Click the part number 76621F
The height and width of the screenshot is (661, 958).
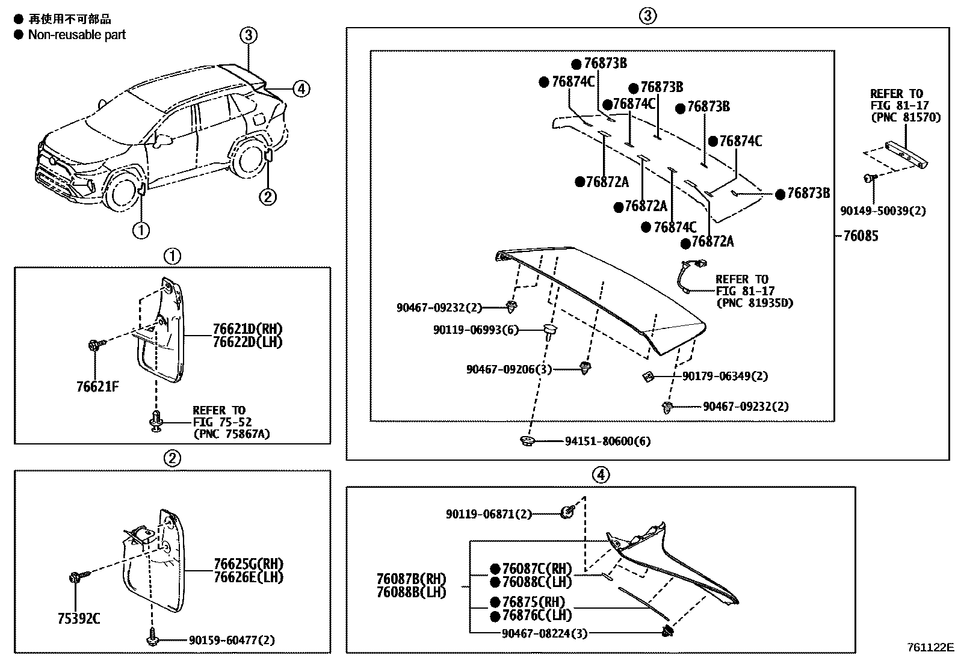97,386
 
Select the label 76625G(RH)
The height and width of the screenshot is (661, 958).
248,564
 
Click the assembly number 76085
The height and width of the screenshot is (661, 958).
861,236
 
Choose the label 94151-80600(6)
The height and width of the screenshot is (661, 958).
607,441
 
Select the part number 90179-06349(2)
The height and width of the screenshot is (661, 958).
725,377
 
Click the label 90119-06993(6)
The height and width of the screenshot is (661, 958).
475,330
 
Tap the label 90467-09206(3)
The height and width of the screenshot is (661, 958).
508,369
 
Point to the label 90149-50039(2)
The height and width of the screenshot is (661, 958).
883,211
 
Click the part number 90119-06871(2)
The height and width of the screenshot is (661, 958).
489,514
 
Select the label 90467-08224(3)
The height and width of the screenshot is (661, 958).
544,633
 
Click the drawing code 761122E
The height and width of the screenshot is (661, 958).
931,648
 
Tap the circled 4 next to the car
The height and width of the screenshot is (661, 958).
301,89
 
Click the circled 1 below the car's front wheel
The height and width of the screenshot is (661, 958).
141,230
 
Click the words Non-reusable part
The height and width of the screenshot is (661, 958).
77,34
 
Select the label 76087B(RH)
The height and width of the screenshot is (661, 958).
411,579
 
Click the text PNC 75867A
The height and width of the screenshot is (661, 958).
231,434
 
